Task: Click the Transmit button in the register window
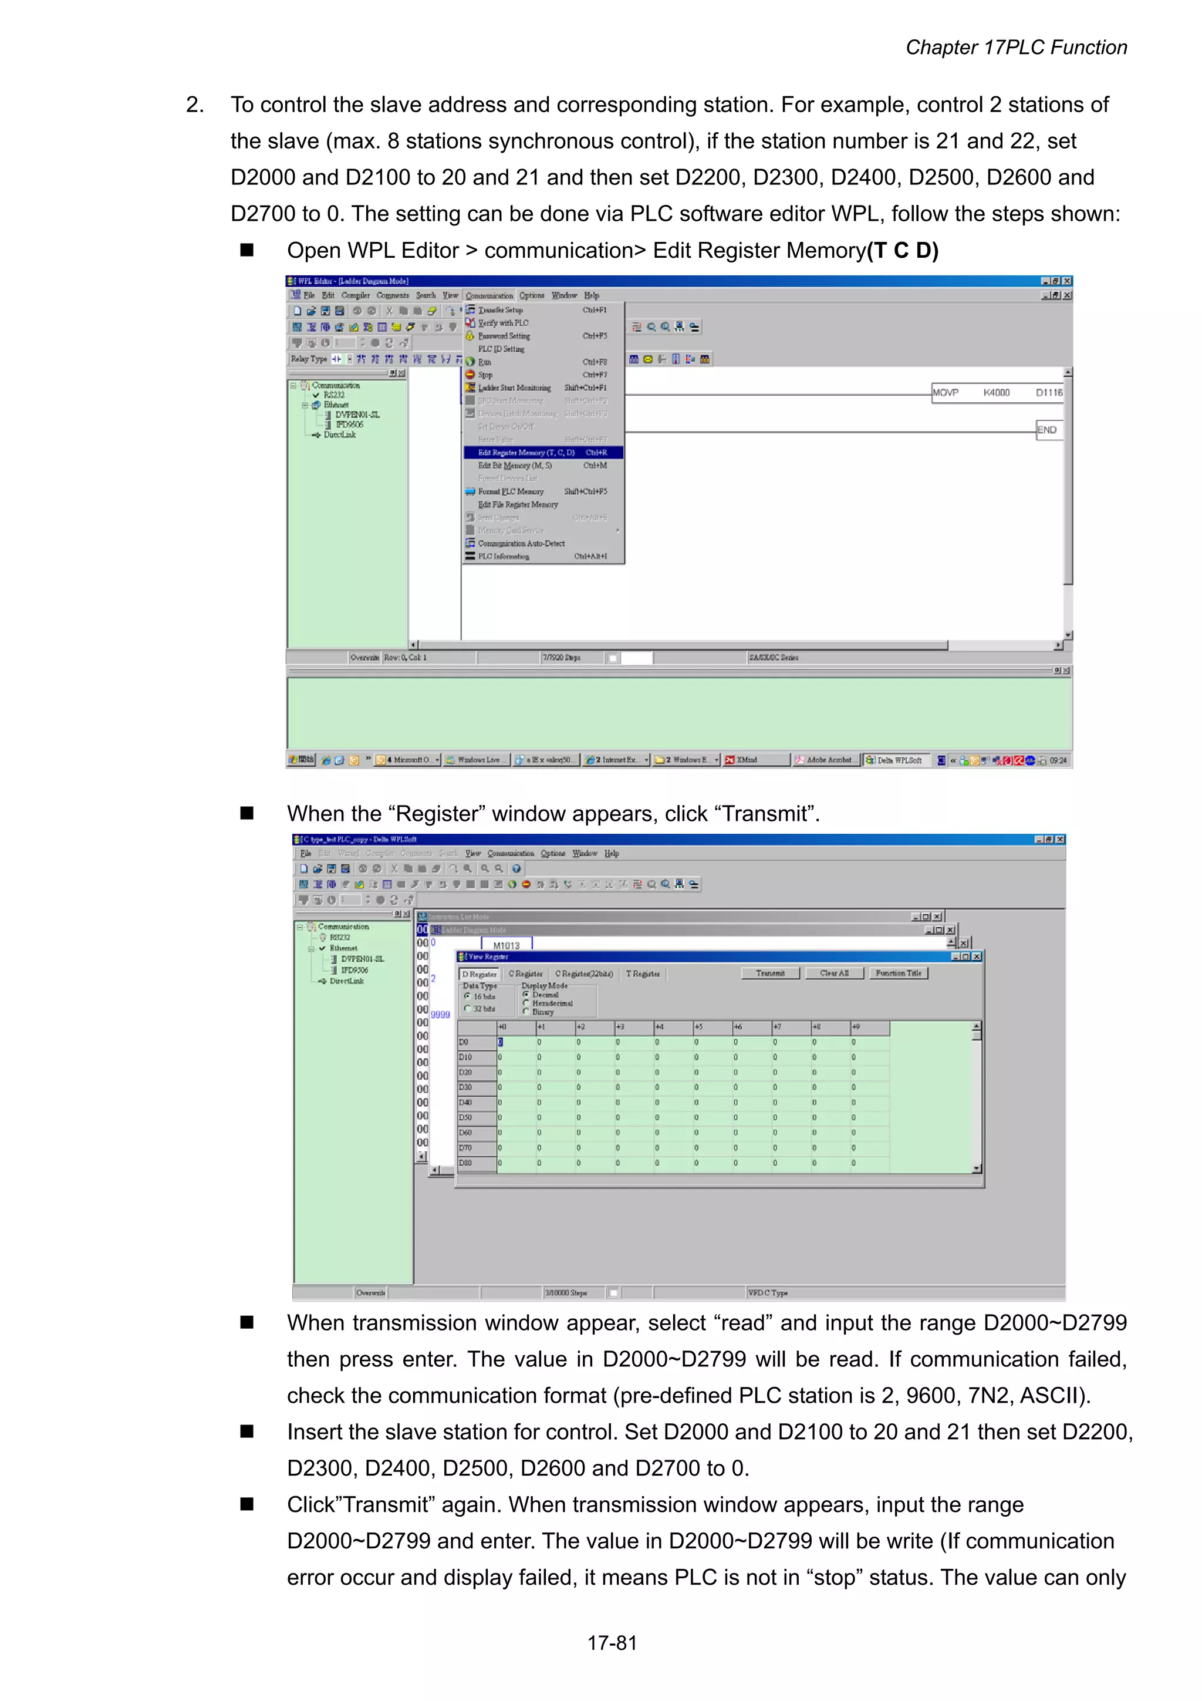[x=770, y=974]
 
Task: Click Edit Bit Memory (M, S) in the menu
[x=515, y=466]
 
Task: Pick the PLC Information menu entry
[x=504, y=557]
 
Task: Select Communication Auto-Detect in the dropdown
[x=521, y=544]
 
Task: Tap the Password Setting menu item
[x=504, y=336]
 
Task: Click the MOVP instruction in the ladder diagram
[x=945, y=393]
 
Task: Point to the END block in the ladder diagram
[x=1047, y=430]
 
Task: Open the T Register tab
[x=643, y=974]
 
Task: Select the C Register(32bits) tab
[x=583, y=974]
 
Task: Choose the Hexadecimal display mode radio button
[x=526, y=1003]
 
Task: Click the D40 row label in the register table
[x=466, y=1102]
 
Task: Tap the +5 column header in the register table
[x=698, y=1027]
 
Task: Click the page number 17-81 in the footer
[x=612, y=1643]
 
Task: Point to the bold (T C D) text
[x=902, y=251]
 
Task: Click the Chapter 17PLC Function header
[x=1016, y=48]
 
